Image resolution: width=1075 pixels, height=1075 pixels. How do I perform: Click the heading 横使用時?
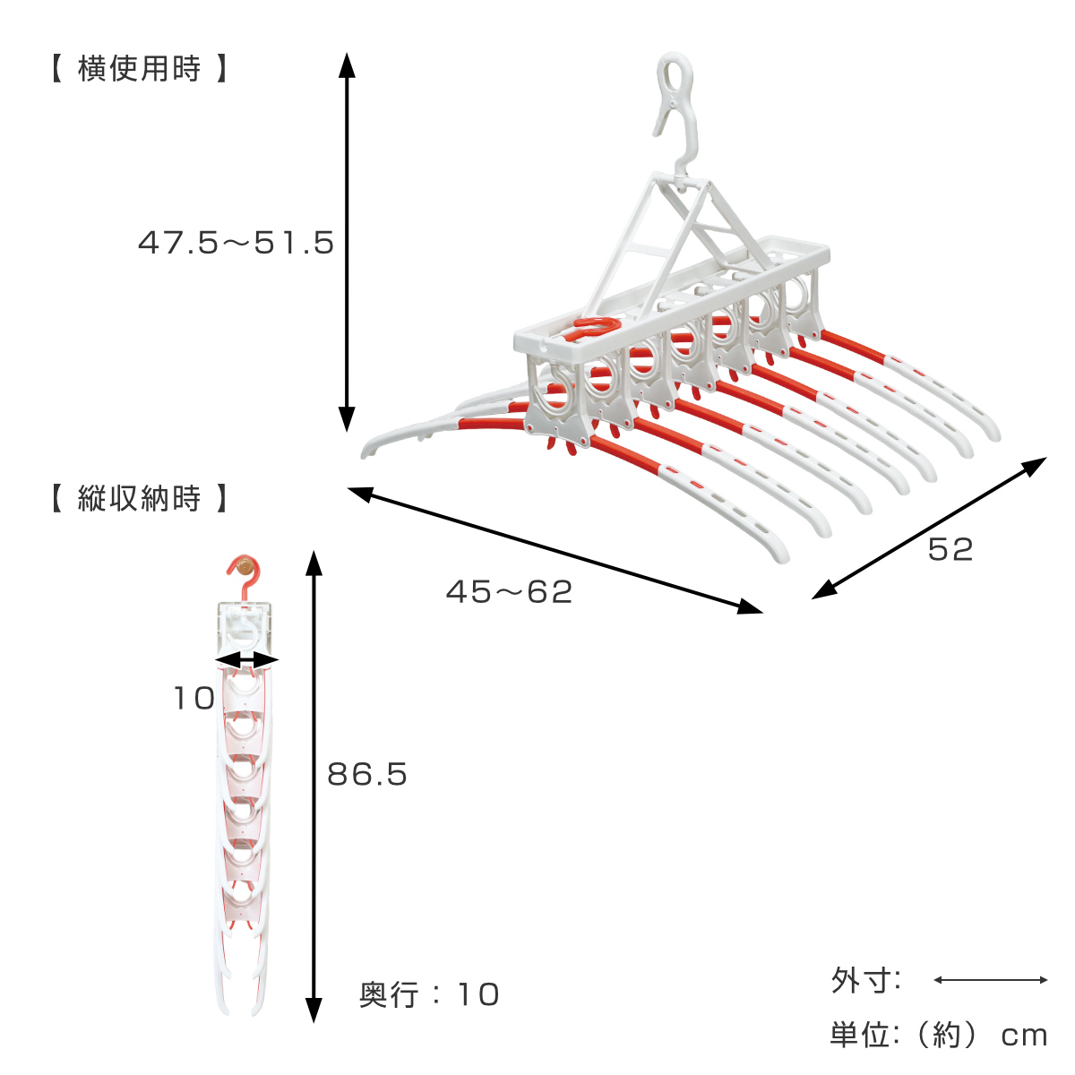coord(139,69)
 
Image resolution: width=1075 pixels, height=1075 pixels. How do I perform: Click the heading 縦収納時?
coord(139,498)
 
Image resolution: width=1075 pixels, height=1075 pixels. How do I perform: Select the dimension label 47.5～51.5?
coord(236,243)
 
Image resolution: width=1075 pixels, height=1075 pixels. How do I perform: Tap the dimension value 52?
coord(950,549)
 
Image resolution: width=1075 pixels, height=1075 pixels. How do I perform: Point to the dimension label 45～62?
coord(510,592)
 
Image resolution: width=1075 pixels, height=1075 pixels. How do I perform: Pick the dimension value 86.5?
coord(367,774)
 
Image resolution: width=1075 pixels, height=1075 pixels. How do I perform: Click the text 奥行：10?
coord(429,994)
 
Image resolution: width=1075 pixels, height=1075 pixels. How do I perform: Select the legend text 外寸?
coord(865,980)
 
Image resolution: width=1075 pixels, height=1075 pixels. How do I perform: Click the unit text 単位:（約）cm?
coord(939,1036)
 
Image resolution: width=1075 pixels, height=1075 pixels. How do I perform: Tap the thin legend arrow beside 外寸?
coord(991,980)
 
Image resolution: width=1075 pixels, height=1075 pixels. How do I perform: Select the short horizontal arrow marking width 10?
coord(246,660)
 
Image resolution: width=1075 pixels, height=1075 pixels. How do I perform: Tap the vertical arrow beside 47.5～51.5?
coord(347,242)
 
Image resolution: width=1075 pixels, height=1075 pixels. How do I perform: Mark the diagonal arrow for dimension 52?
coord(929,528)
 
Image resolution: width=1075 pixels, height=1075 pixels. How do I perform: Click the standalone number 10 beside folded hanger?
coord(194,698)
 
